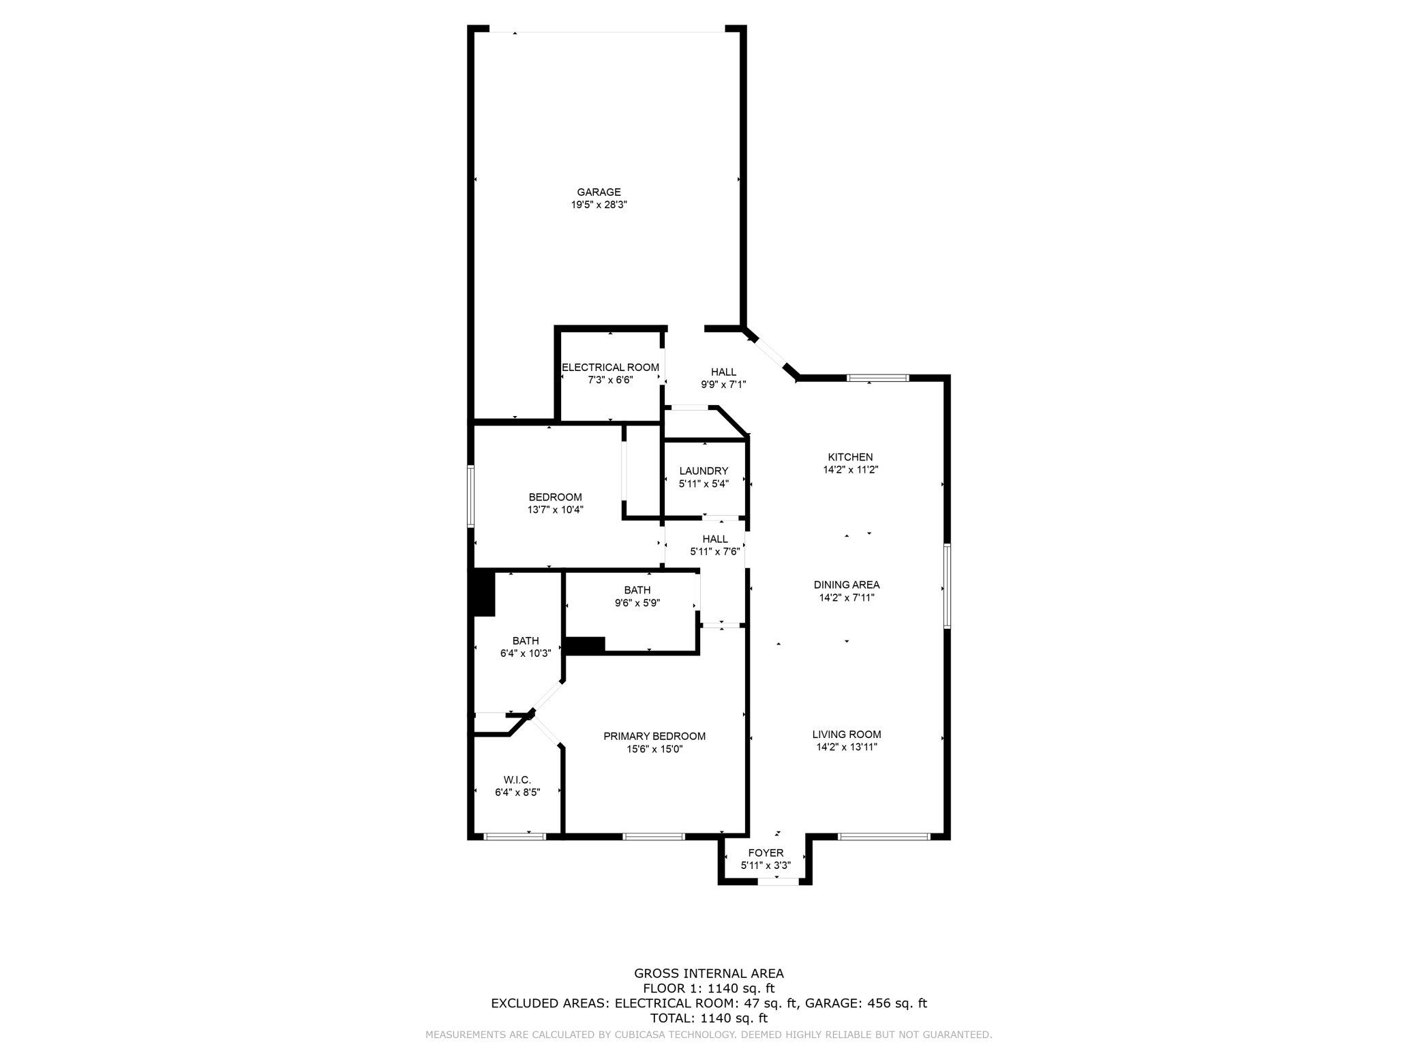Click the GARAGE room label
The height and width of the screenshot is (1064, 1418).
(x=599, y=192)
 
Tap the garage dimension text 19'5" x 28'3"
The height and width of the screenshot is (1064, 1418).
(x=599, y=205)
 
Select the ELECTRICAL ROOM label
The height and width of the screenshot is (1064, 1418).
(x=610, y=368)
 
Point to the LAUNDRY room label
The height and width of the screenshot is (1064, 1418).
(x=704, y=471)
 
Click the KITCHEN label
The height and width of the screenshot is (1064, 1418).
(x=850, y=457)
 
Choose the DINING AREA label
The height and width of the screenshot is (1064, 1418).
(x=847, y=585)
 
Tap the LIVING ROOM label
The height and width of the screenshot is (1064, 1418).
(x=847, y=735)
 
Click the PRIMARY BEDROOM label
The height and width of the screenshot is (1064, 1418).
(x=654, y=736)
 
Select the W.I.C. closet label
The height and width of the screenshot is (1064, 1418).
(x=517, y=780)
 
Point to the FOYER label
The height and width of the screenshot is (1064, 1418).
(x=766, y=853)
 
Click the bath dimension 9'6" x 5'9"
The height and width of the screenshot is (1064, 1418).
(x=637, y=603)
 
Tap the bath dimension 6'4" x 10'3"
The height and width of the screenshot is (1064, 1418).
(x=526, y=653)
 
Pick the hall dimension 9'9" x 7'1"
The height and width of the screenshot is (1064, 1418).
(x=723, y=385)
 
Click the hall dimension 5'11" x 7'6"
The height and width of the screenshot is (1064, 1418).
(x=714, y=552)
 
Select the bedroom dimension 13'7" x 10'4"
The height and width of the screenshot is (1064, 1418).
(x=556, y=509)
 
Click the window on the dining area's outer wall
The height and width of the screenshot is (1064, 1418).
(x=947, y=585)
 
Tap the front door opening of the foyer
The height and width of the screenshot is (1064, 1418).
(x=778, y=882)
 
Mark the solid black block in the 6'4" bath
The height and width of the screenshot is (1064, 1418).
(x=484, y=593)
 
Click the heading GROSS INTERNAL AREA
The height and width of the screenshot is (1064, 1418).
(x=709, y=973)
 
